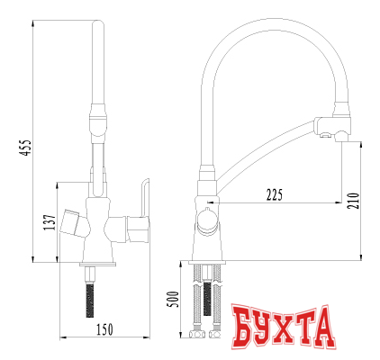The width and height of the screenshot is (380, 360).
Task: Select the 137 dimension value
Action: [49, 220]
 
